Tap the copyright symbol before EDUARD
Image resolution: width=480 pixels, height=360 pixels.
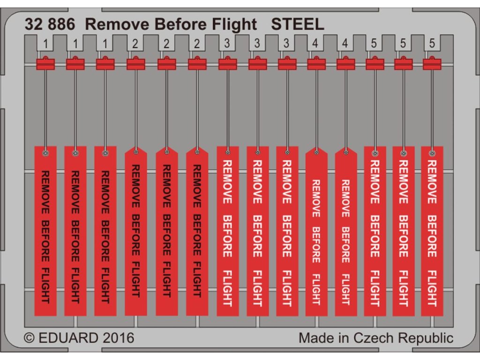tap(29, 338)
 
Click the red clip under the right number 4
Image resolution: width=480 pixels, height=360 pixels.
tap(345, 63)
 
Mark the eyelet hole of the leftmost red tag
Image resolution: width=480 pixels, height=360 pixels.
tap(45, 153)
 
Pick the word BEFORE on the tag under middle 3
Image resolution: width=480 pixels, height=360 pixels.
tap(257, 235)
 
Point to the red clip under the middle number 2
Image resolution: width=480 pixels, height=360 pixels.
tap(166, 63)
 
